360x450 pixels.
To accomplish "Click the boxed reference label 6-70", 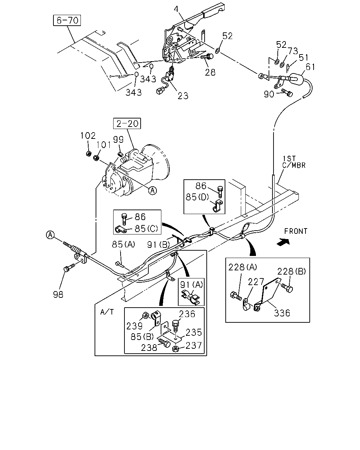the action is click(67, 20).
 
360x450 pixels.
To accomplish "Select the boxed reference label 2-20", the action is click(127, 123).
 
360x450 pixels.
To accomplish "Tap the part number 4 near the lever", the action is click(176, 9).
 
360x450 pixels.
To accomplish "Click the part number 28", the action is click(210, 72).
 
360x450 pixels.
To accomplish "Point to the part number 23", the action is click(183, 96).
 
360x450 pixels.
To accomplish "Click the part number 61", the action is click(310, 67).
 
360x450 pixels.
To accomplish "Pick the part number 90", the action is click(269, 94).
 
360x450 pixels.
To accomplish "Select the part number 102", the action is click(88, 136).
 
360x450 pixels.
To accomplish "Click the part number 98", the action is click(58, 294).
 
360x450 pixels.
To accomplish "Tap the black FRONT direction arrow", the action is click(283, 242).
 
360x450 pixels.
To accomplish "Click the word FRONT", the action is click(296, 231).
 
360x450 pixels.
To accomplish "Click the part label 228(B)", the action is click(291, 271).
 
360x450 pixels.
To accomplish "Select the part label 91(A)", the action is click(192, 285).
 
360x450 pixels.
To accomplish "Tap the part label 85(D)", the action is click(197, 197).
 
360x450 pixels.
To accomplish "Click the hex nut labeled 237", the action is click(176, 349).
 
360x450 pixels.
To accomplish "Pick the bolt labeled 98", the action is click(69, 268).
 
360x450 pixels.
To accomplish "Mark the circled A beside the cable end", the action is click(50, 235).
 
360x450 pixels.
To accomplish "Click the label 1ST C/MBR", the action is click(294, 162).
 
